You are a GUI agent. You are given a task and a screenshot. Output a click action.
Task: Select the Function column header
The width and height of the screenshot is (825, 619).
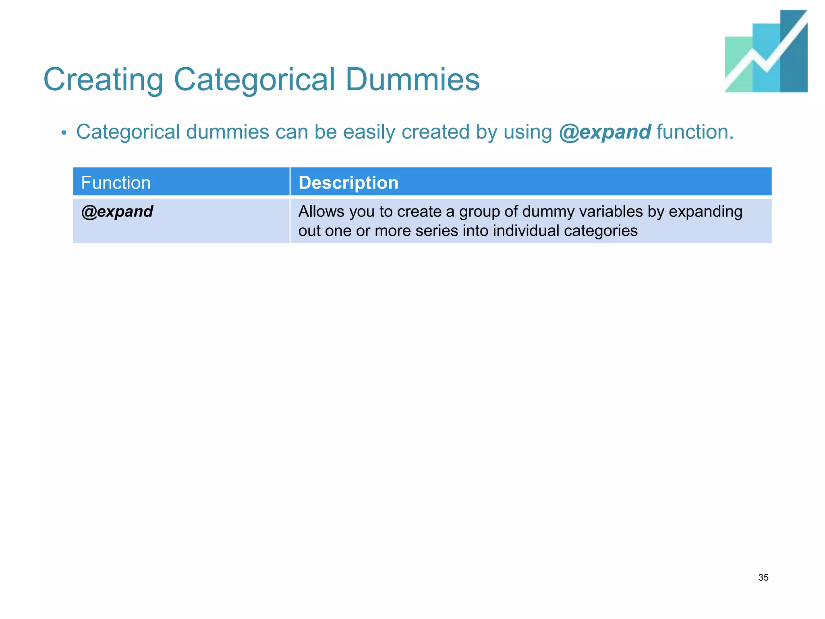click(116, 183)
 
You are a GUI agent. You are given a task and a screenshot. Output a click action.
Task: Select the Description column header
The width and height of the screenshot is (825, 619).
click(348, 183)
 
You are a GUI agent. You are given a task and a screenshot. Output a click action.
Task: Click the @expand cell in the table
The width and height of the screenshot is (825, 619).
click(117, 212)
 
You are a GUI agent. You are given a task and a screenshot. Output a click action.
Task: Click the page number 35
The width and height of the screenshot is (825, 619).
click(763, 577)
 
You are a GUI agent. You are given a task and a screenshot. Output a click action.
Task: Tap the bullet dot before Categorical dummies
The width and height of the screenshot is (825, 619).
click(64, 133)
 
